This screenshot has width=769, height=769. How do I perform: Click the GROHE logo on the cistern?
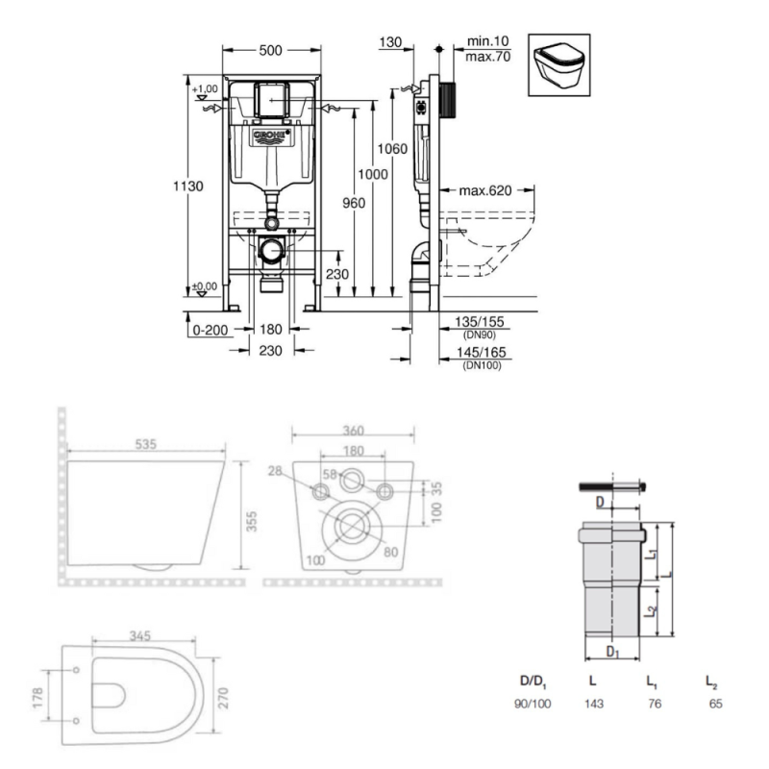270,137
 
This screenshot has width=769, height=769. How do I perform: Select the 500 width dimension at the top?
270,50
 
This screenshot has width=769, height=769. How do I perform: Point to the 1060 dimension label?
392,149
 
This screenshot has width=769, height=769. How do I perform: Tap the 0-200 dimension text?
209,329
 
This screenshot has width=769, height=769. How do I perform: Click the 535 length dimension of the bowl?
144,444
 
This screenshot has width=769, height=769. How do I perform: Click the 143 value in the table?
594,703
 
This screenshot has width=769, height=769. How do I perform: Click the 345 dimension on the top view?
141,636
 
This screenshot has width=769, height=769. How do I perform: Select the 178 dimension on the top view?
37,694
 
